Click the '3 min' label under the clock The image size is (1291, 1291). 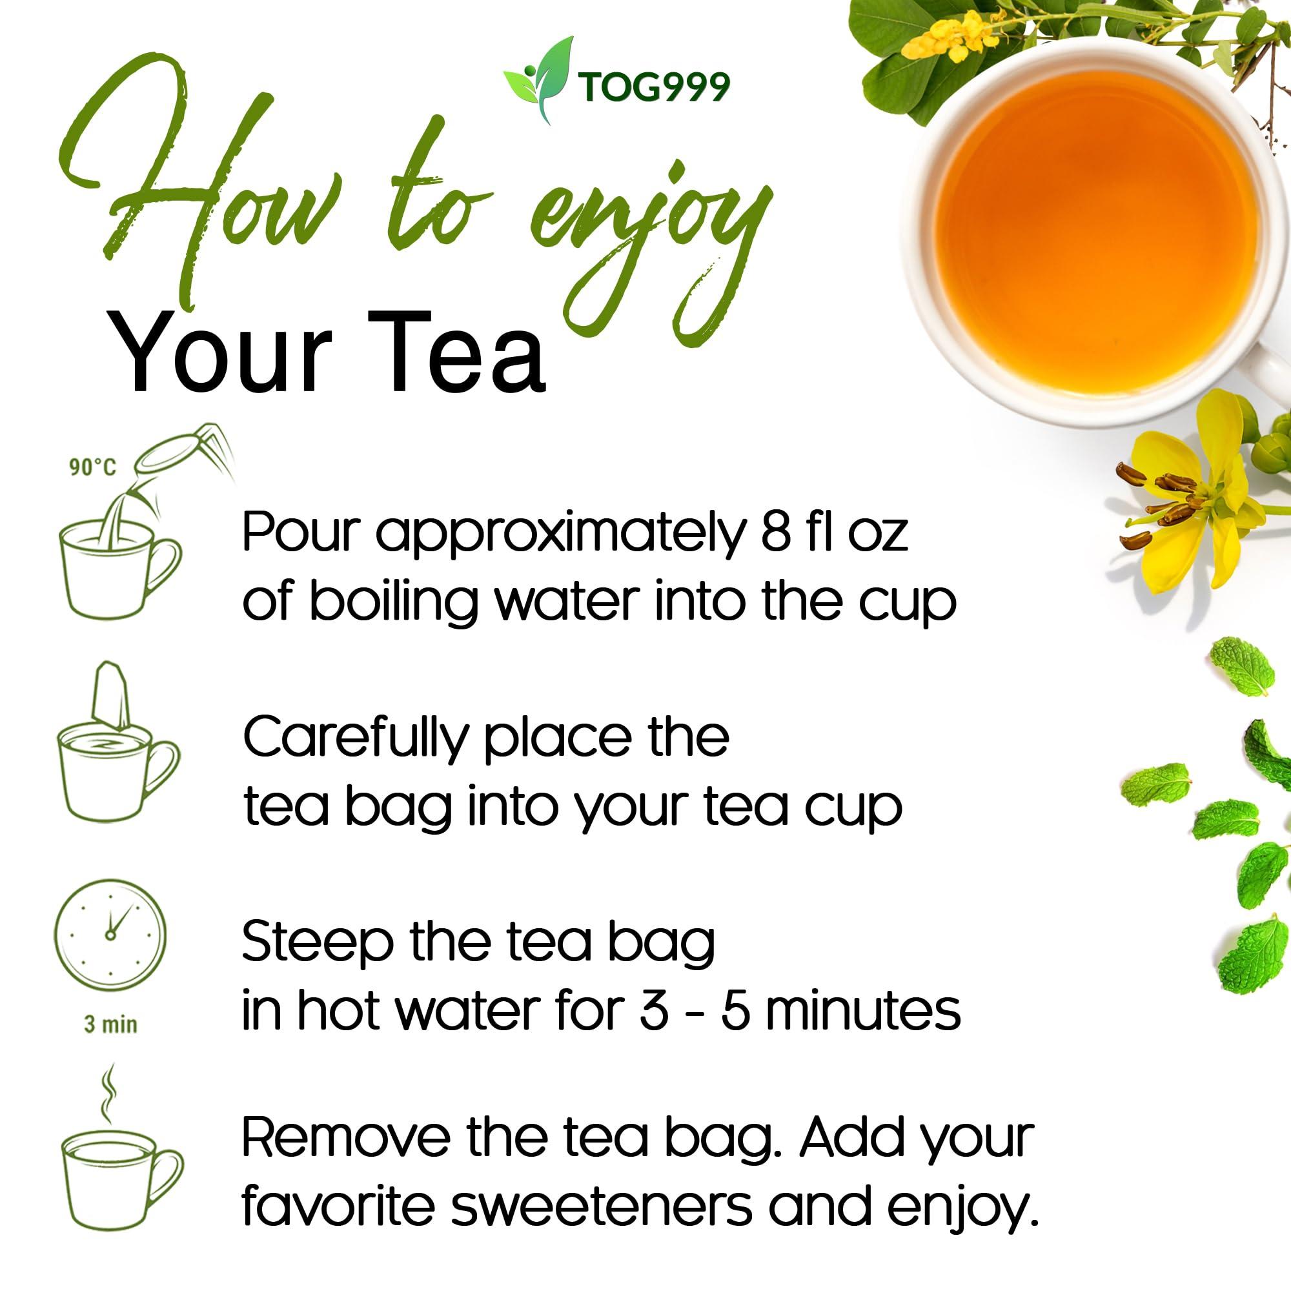(110, 1024)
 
